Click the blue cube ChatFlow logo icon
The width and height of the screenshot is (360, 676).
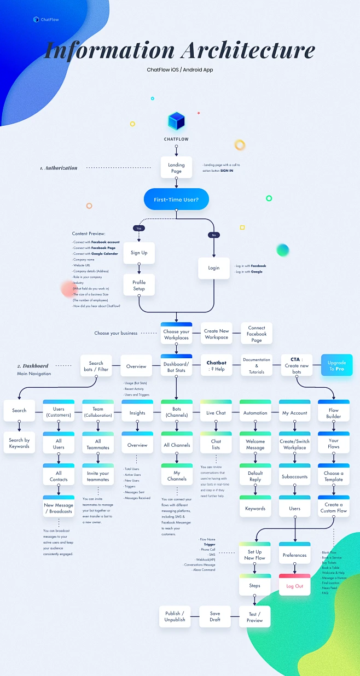point(176,121)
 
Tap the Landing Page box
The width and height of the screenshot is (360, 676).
point(176,167)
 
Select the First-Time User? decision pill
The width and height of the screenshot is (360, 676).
point(176,200)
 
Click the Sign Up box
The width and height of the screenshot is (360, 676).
point(139,253)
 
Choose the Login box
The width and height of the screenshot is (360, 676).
point(214,268)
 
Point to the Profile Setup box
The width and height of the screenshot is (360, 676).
point(139,285)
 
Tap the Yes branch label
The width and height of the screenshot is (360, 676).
point(139,228)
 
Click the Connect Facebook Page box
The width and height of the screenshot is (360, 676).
point(257,334)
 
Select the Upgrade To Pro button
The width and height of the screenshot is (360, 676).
point(336,366)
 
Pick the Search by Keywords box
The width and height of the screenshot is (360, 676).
point(19,443)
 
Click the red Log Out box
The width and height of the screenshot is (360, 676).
point(294,586)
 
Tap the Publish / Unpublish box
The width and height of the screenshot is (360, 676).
point(175,616)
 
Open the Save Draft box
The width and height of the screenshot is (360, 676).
point(215,616)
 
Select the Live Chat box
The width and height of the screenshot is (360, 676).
point(216,412)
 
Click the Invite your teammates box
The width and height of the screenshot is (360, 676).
point(98,476)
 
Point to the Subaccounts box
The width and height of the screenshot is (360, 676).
point(294,476)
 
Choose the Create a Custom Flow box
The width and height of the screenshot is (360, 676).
point(334,508)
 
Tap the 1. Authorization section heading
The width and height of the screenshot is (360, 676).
point(59,168)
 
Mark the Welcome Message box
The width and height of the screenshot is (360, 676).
point(255,444)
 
